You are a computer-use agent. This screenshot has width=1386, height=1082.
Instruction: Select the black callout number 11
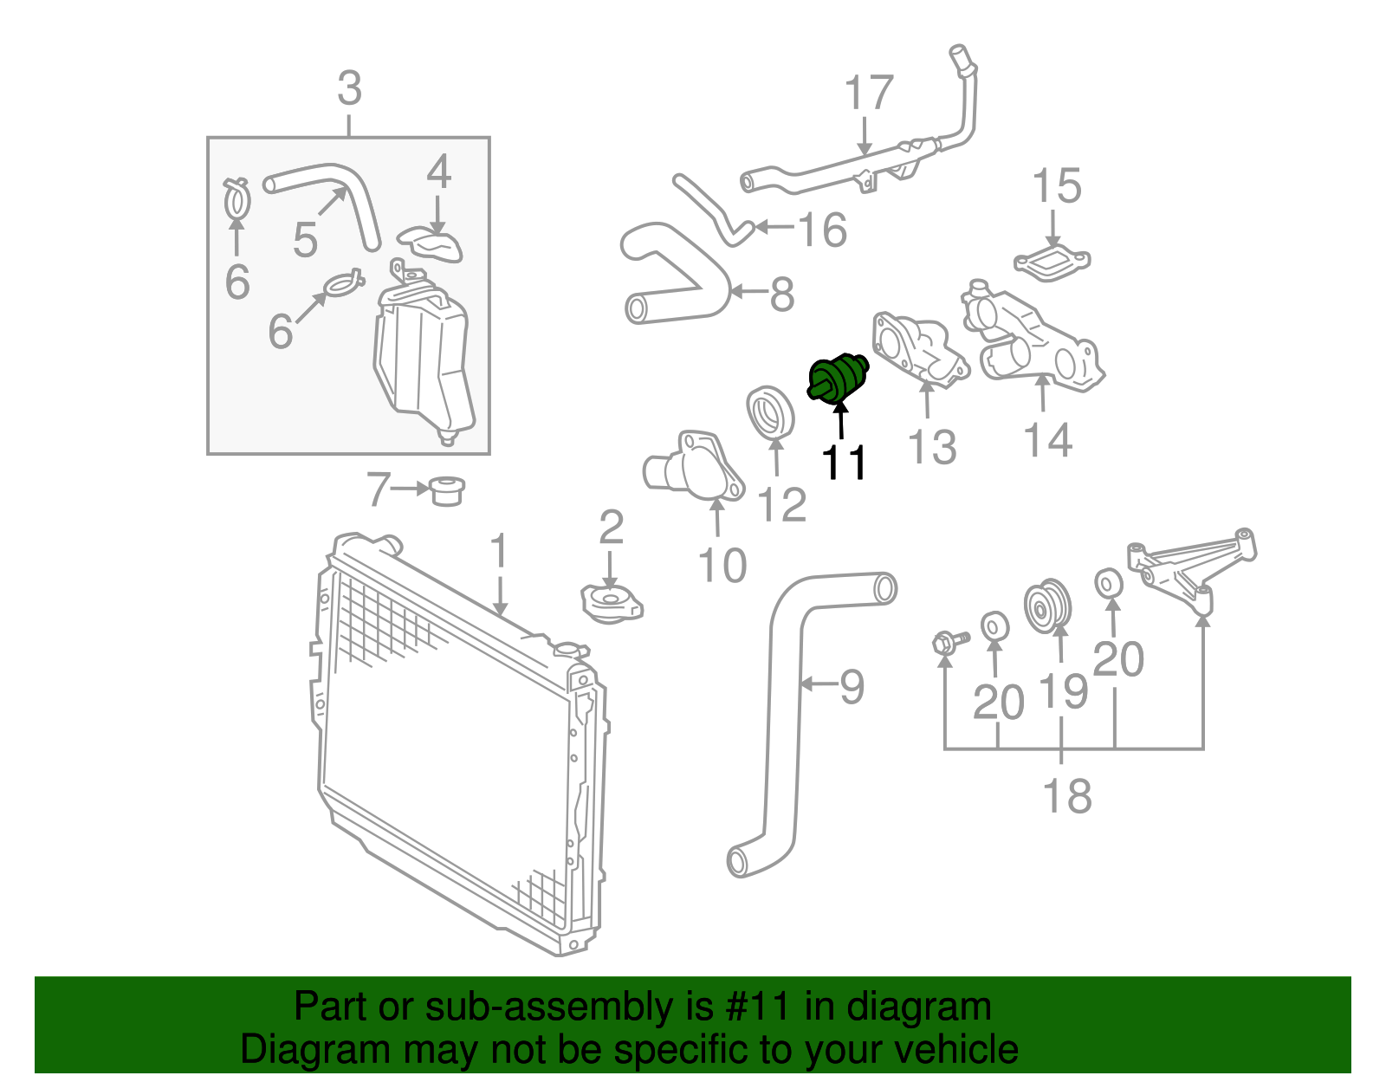point(844,463)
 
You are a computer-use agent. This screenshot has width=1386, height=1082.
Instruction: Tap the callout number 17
point(868,94)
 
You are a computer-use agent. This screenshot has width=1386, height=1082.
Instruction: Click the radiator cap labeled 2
point(611,602)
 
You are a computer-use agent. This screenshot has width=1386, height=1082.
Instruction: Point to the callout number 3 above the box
point(349,89)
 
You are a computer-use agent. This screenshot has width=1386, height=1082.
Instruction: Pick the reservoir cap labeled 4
point(431,242)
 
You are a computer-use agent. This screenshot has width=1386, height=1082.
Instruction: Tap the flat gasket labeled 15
point(1052,262)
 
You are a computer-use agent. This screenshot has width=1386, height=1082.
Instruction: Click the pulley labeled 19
point(1048,607)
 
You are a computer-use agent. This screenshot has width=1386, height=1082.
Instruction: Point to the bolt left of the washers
point(949,643)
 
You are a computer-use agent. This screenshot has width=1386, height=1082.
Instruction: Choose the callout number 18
point(1066,795)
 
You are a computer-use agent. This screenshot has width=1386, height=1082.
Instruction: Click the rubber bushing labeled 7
point(446,490)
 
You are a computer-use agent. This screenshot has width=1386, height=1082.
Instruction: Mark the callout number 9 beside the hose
point(852,687)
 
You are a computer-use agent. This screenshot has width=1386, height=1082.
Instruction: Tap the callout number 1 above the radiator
point(498,553)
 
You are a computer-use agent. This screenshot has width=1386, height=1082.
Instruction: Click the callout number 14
point(1047,440)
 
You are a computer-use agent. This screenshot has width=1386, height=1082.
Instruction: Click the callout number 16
point(821,230)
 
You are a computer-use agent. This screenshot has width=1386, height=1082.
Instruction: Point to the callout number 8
point(781,295)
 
